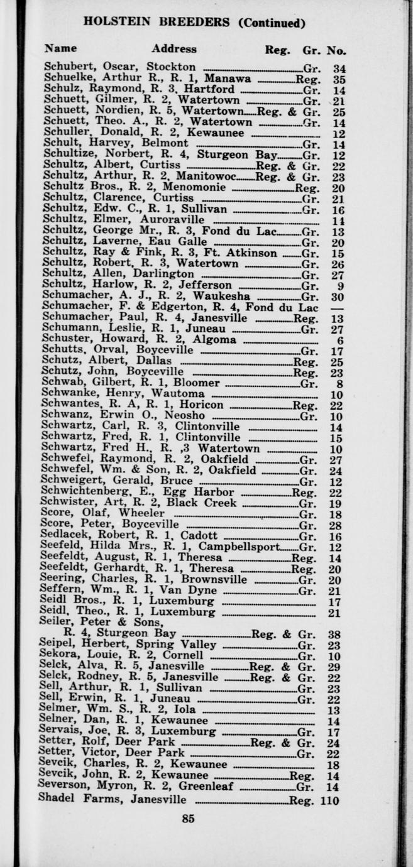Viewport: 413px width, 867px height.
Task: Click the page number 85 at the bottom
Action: pos(187,819)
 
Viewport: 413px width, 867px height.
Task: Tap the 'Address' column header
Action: pos(173,49)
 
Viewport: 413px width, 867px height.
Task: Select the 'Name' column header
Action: pos(61,48)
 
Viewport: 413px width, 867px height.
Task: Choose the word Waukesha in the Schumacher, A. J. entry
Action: pos(222,296)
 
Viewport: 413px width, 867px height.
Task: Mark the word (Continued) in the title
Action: pos(272,23)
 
